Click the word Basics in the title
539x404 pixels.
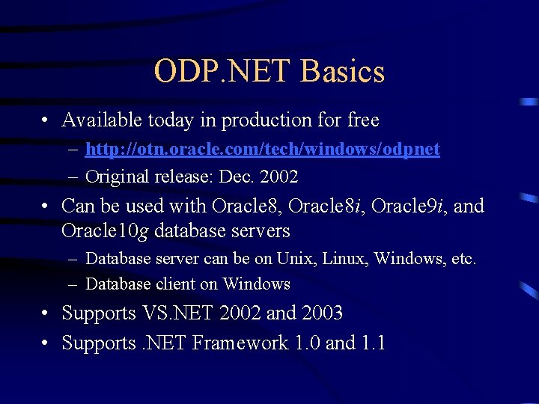343,72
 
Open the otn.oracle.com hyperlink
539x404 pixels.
263,150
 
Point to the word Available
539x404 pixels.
102,120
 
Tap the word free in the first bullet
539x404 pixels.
363,120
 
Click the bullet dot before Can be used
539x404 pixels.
46,206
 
